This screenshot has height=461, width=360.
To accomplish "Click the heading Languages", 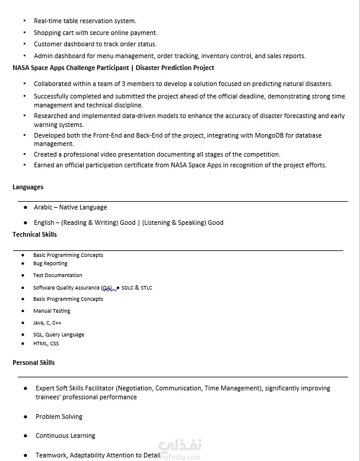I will pyautogui.click(x=28, y=187).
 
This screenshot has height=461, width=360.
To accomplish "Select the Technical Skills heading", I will pyautogui.click(x=34, y=234).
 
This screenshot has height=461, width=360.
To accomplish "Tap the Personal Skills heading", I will pyautogui.click(x=33, y=363).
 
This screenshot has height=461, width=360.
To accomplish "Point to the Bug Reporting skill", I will pyautogui.click(x=50, y=263).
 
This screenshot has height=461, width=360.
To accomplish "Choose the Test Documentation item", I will pyautogui.click(x=58, y=275).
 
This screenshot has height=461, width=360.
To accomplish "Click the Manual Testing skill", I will pyautogui.click(x=52, y=311).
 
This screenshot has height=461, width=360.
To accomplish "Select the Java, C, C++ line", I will pyautogui.click(x=47, y=323).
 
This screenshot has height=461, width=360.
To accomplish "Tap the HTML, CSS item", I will pyautogui.click(x=46, y=344).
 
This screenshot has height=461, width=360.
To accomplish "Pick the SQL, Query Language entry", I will pyautogui.click(x=59, y=335).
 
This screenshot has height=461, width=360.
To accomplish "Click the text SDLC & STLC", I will pyautogui.click(x=136, y=288).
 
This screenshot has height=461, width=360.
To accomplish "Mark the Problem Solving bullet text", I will pyautogui.click(x=59, y=417).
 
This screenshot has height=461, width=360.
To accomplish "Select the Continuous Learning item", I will pyautogui.click(x=65, y=435).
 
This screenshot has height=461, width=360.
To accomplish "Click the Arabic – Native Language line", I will pyautogui.click(x=70, y=207).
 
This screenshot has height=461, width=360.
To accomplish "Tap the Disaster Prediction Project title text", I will pyautogui.click(x=175, y=68).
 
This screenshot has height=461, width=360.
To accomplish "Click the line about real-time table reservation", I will pyautogui.click(x=85, y=21).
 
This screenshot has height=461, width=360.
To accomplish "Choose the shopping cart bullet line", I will pyautogui.click(x=95, y=33).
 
